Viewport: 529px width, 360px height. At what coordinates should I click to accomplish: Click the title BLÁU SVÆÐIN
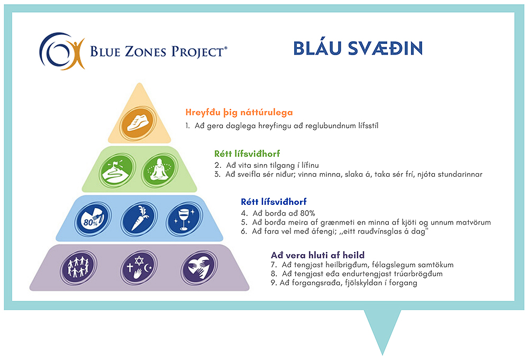[x=358, y=48]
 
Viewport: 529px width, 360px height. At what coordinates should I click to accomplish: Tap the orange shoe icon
[x=138, y=123]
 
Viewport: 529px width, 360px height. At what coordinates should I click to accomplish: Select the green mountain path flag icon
[x=117, y=171]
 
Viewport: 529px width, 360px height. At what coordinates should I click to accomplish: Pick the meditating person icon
[x=160, y=170]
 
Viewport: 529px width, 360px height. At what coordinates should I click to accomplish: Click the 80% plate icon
[x=93, y=219]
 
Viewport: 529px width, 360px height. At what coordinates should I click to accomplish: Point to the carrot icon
[x=139, y=219]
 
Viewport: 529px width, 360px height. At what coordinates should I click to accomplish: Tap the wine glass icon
[x=184, y=219]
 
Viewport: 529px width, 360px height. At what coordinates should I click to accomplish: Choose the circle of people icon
[x=79, y=267]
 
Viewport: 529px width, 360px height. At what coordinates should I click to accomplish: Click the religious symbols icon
[x=139, y=268]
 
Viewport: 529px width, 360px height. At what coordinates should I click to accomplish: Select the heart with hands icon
[x=199, y=268]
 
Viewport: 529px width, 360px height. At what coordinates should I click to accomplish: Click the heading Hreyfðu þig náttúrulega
[x=239, y=112]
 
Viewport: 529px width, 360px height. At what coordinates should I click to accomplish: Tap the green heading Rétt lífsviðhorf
[x=247, y=154]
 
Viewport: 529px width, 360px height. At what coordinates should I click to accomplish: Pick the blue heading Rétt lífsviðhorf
[x=273, y=202]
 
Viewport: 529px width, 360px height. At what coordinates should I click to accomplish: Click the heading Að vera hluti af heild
[x=318, y=255]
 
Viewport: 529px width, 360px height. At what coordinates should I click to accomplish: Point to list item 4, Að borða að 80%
[x=278, y=213]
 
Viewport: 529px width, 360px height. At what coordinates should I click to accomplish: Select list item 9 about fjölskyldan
[x=344, y=283]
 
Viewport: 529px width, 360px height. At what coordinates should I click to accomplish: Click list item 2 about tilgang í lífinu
[x=267, y=165]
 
